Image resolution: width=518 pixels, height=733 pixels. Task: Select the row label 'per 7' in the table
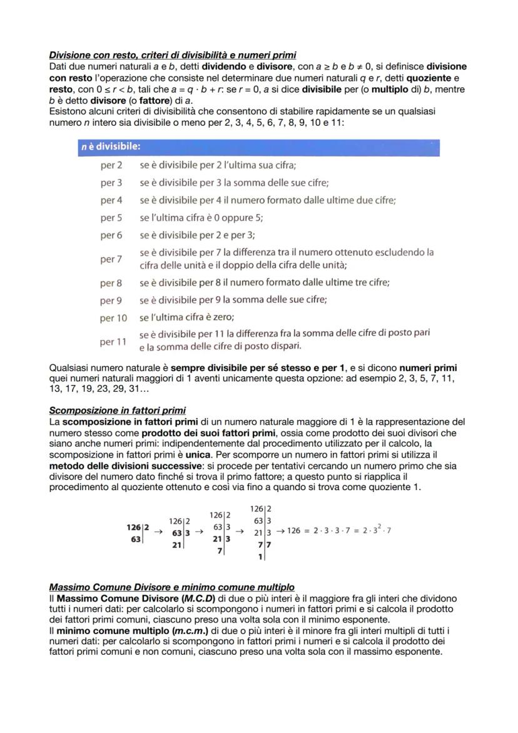click(x=111, y=259)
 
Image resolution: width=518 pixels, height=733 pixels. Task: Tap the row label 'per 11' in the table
click(x=113, y=342)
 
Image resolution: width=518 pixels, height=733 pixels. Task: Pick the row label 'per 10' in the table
click(x=113, y=318)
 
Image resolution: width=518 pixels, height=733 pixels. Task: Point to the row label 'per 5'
click(x=111, y=218)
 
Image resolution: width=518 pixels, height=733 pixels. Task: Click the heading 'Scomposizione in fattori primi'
click(x=117, y=411)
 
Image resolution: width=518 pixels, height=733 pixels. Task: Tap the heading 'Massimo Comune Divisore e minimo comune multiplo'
click(x=171, y=587)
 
